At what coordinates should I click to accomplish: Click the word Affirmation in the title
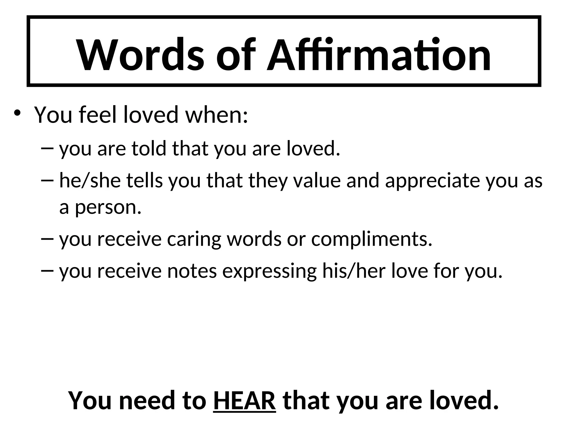click(379, 55)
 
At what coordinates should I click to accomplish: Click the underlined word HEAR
click(244, 400)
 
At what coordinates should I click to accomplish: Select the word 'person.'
click(108, 207)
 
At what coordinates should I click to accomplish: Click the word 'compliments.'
click(372, 240)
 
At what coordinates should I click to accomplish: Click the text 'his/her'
click(354, 271)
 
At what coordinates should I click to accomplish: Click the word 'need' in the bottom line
click(149, 400)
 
